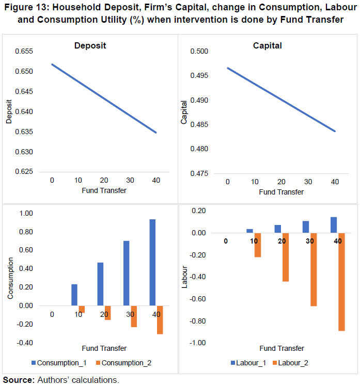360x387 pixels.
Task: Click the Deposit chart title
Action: click(x=90, y=46)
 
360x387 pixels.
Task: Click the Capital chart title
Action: click(x=267, y=46)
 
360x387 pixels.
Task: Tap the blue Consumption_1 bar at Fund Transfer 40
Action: click(x=152, y=262)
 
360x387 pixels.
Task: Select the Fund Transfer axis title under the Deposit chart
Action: click(x=104, y=190)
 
